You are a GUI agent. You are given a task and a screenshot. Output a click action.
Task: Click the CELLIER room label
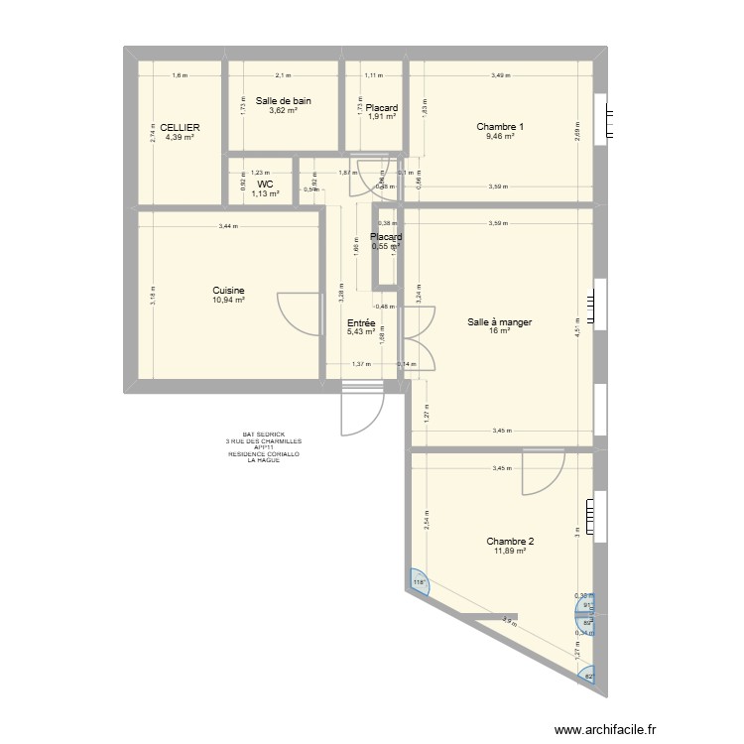(x=181, y=127)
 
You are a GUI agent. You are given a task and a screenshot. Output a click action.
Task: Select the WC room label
(x=265, y=184)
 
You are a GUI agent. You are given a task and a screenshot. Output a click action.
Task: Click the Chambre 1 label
(x=500, y=126)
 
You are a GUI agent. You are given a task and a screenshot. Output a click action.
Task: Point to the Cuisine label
(x=227, y=291)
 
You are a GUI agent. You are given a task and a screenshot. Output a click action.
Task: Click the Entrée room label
(x=360, y=322)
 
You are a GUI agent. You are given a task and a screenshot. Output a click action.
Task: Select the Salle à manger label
(x=501, y=321)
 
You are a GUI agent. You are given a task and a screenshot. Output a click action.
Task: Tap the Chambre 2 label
(x=510, y=541)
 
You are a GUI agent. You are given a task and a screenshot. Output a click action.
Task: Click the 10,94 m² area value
(x=227, y=300)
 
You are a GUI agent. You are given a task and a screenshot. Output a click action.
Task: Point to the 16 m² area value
(x=501, y=331)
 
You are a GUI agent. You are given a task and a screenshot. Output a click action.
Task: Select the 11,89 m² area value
(x=510, y=551)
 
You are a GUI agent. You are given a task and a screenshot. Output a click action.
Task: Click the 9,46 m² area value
(x=500, y=136)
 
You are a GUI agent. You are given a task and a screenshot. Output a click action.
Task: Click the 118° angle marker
(x=418, y=582)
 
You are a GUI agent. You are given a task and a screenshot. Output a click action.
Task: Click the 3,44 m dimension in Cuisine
(x=228, y=227)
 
